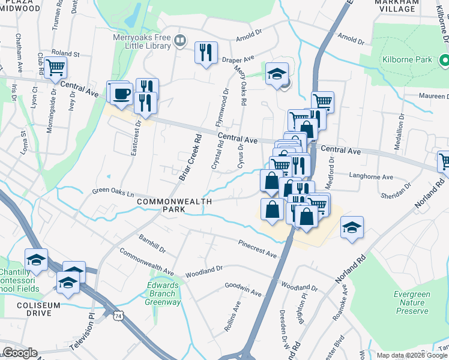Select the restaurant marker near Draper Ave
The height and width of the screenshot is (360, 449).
click(206, 53)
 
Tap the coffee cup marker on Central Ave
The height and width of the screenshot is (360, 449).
click(121, 94)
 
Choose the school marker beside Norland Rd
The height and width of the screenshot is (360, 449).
click(352, 227)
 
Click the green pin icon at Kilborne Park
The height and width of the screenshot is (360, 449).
click(444, 60)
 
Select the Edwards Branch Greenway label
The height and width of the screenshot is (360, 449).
click(163, 294)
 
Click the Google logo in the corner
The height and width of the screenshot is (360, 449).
click(19, 353)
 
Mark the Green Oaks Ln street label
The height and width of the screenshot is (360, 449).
click(112, 193)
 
